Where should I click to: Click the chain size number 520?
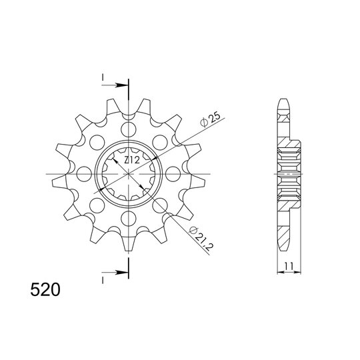[x=45, y=290]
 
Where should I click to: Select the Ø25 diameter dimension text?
[x=210, y=119]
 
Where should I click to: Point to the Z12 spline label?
[x=132, y=160]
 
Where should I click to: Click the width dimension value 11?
[x=289, y=266]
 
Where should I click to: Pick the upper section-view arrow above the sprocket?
[x=115, y=85]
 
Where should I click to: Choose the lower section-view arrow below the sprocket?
[x=115, y=273]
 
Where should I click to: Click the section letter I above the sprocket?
[x=103, y=78]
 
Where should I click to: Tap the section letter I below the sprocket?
[x=103, y=280]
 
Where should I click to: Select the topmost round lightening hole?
[x=129, y=129]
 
